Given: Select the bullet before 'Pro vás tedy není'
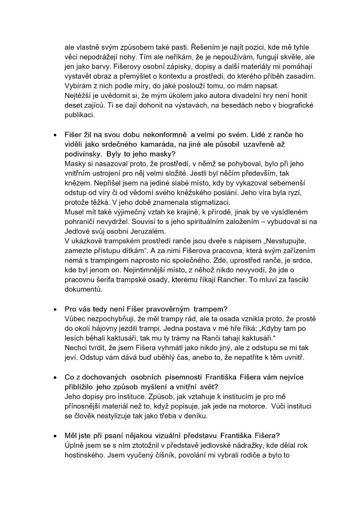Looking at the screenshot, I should pos(54,309).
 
